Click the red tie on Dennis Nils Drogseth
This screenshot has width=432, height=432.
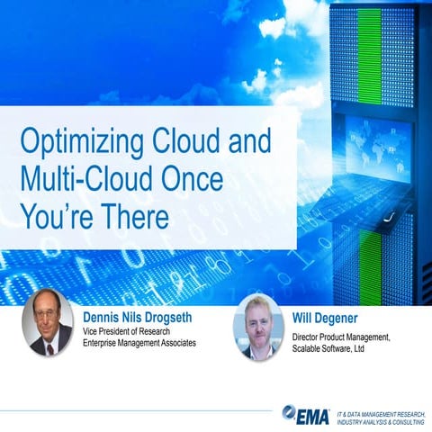point(47,344)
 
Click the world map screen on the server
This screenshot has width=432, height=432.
point(367,144)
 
